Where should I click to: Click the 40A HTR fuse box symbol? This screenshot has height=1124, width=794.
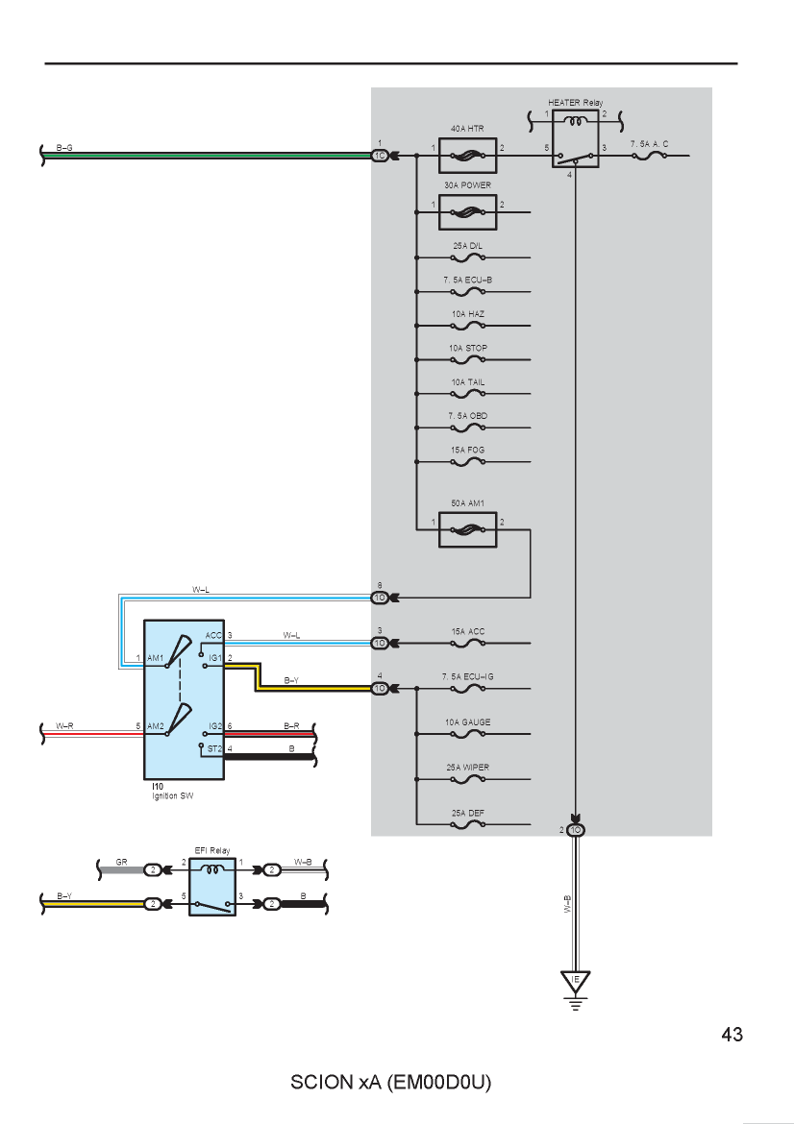point(467,156)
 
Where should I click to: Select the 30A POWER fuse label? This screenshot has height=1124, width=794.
point(467,185)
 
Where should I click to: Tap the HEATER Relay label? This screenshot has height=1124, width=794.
point(575,103)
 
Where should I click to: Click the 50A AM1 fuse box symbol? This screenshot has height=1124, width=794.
point(467,529)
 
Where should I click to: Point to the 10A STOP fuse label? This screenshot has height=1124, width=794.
point(467,349)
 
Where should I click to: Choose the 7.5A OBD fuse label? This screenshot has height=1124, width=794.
point(467,416)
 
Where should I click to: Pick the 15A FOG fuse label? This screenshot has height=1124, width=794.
point(467,451)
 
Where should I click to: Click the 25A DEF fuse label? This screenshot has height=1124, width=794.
point(467,813)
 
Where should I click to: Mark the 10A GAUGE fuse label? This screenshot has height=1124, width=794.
point(467,722)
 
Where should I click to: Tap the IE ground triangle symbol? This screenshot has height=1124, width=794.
point(575,980)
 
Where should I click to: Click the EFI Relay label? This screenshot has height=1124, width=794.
point(212,851)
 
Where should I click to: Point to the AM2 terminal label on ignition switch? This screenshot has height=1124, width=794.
point(155,726)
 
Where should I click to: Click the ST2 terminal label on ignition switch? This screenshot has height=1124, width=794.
point(214,748)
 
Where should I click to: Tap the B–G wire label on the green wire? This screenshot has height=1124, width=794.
point(64,148)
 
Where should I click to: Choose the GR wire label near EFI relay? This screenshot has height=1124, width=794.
point(122,862)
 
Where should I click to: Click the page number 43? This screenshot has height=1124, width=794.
point(732,1035)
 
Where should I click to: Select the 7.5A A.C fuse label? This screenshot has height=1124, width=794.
point(649,144)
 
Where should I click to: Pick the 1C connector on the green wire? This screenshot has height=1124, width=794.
point(380,156)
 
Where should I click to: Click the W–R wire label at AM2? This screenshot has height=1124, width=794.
point(64,726)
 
